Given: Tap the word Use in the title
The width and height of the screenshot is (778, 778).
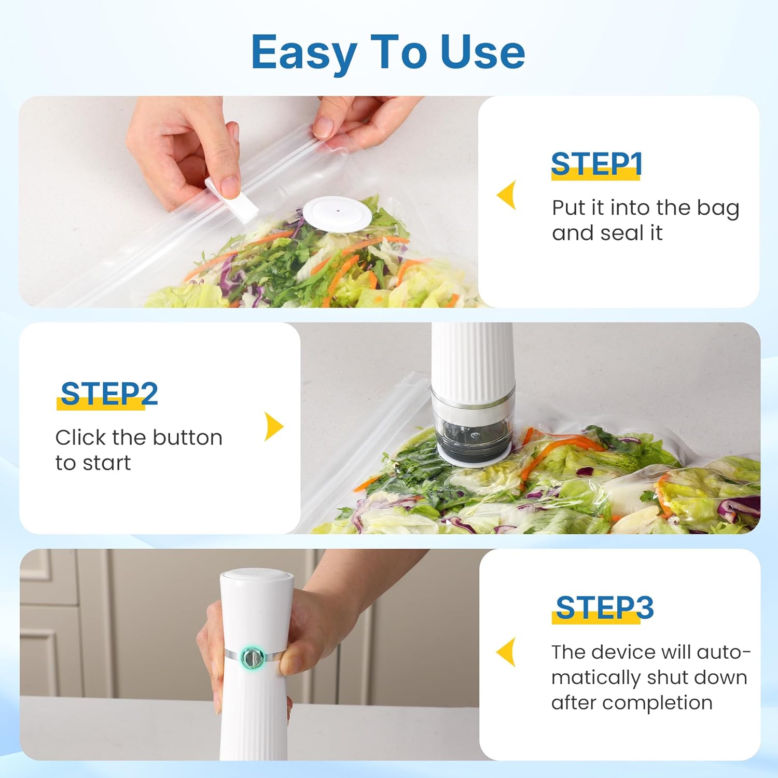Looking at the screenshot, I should pyautogui.click(x=482, y=52).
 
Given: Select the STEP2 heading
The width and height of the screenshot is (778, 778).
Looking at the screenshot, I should pyautogui.click(x=109, y=394).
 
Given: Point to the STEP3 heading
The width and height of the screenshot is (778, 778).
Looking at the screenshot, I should pyautogui.click(x=604, y=607).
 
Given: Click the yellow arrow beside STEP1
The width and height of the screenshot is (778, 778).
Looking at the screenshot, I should pyautogui.click(x=507, y=195).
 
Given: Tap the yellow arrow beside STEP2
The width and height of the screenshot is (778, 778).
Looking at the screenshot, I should pyautogui.click(x=273, y=426).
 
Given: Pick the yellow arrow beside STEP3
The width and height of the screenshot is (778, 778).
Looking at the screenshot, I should pyautogui.click(x=507, y=652).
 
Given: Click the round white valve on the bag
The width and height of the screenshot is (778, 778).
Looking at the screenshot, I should pyautogui.click(x=337, y=213).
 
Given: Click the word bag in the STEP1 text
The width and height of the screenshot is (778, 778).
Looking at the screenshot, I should pyautogui.click(x=718, y=209).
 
